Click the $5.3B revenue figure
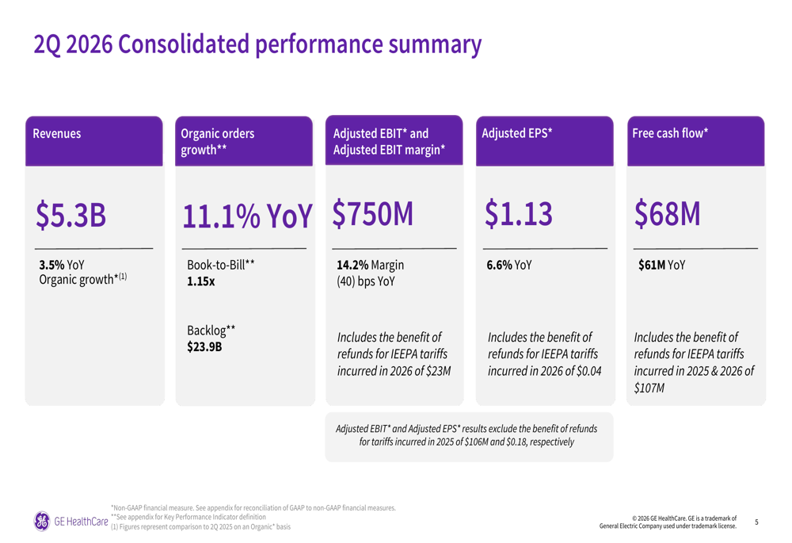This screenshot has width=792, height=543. (70, 215)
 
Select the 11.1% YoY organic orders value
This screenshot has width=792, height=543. (247, 216)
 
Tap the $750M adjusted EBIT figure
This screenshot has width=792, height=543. (373, 214)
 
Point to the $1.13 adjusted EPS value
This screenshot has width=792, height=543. (519, 214)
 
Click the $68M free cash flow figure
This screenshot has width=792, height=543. (667, 214)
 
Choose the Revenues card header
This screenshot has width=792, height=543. (56, 133)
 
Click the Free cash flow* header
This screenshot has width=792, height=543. (670, 133)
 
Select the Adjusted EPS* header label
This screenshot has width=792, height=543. (516, 133)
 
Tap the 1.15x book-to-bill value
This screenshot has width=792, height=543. (201, 281)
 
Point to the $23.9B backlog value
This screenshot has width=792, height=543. (204, 347)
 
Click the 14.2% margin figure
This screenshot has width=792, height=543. (352, 265)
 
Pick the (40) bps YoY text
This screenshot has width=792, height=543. (366, 281)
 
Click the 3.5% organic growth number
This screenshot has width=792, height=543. (51, 265)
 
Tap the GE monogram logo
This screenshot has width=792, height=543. (42, 522)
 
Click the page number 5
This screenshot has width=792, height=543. (756, 522)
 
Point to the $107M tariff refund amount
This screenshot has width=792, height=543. (649, 388)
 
